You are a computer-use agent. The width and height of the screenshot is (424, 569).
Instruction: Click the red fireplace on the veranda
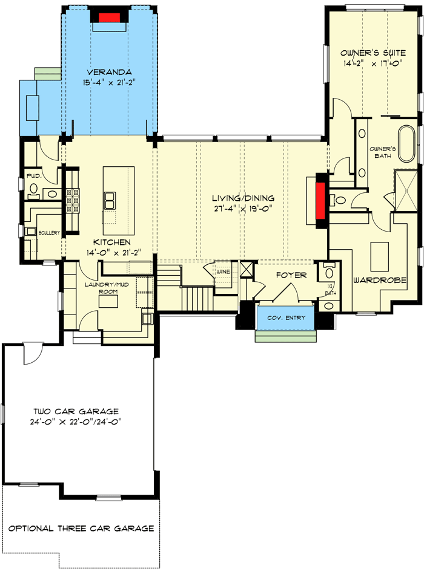(x=108, y=17)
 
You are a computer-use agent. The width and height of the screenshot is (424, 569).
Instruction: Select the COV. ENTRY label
(x=287, y=318)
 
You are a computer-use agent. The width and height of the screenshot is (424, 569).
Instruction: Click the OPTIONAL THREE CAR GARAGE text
(x=81, y=528)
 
